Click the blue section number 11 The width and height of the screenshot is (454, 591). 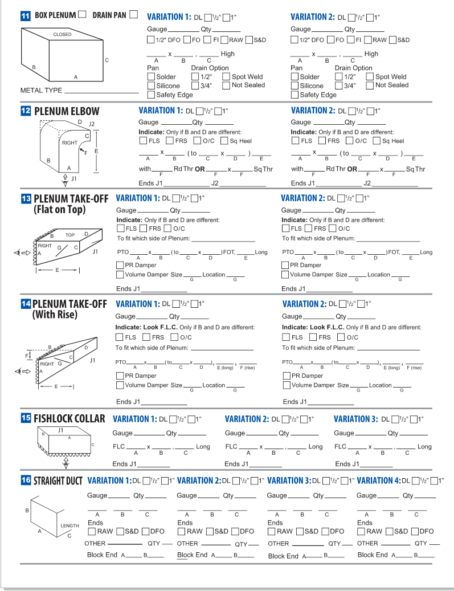(x=25, y=15)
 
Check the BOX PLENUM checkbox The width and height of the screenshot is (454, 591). (x=82, y=14)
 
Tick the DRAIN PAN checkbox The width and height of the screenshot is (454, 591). (x=134, y=14)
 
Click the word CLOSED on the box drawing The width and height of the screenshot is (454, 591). (x=62, y=35)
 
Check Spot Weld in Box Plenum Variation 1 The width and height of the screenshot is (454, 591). (x=226, y=76)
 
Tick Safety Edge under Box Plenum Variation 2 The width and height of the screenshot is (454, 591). (x=295, y=95)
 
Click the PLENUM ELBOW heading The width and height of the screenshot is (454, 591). (x=67, y=111)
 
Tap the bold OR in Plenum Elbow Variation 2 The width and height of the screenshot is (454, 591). (x=352, y=169)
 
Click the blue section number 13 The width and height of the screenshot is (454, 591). (x=26, y=199)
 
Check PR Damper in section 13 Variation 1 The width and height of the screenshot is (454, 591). (x=120, y=265)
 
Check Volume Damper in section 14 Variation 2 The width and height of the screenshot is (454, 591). (x=287, y=385)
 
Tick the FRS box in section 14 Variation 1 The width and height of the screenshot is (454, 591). (x=147, y=337)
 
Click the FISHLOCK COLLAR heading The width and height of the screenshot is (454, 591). (x=69, y=419)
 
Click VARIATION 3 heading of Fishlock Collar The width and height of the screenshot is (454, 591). (x=355, y=419)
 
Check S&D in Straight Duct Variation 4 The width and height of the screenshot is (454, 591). (x=390, y=531)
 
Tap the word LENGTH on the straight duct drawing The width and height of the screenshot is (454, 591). (x=70, y=525)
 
